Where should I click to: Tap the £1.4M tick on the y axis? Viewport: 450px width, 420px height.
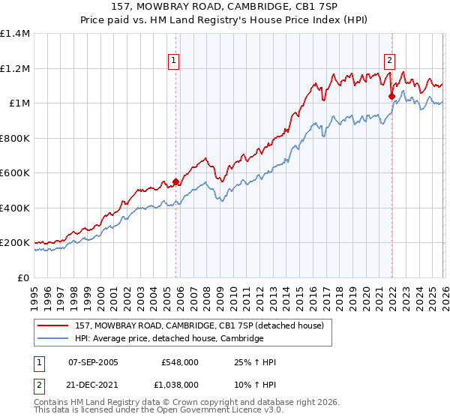coord(15,34)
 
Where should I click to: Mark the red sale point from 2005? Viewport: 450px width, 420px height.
coord(176,181)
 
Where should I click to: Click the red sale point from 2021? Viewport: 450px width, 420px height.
coord(391,96)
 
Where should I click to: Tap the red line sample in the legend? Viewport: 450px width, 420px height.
coord(53,325)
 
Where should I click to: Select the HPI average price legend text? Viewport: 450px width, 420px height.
coord(169,339)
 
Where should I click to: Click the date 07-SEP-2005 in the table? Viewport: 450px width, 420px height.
coord(93,363)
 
